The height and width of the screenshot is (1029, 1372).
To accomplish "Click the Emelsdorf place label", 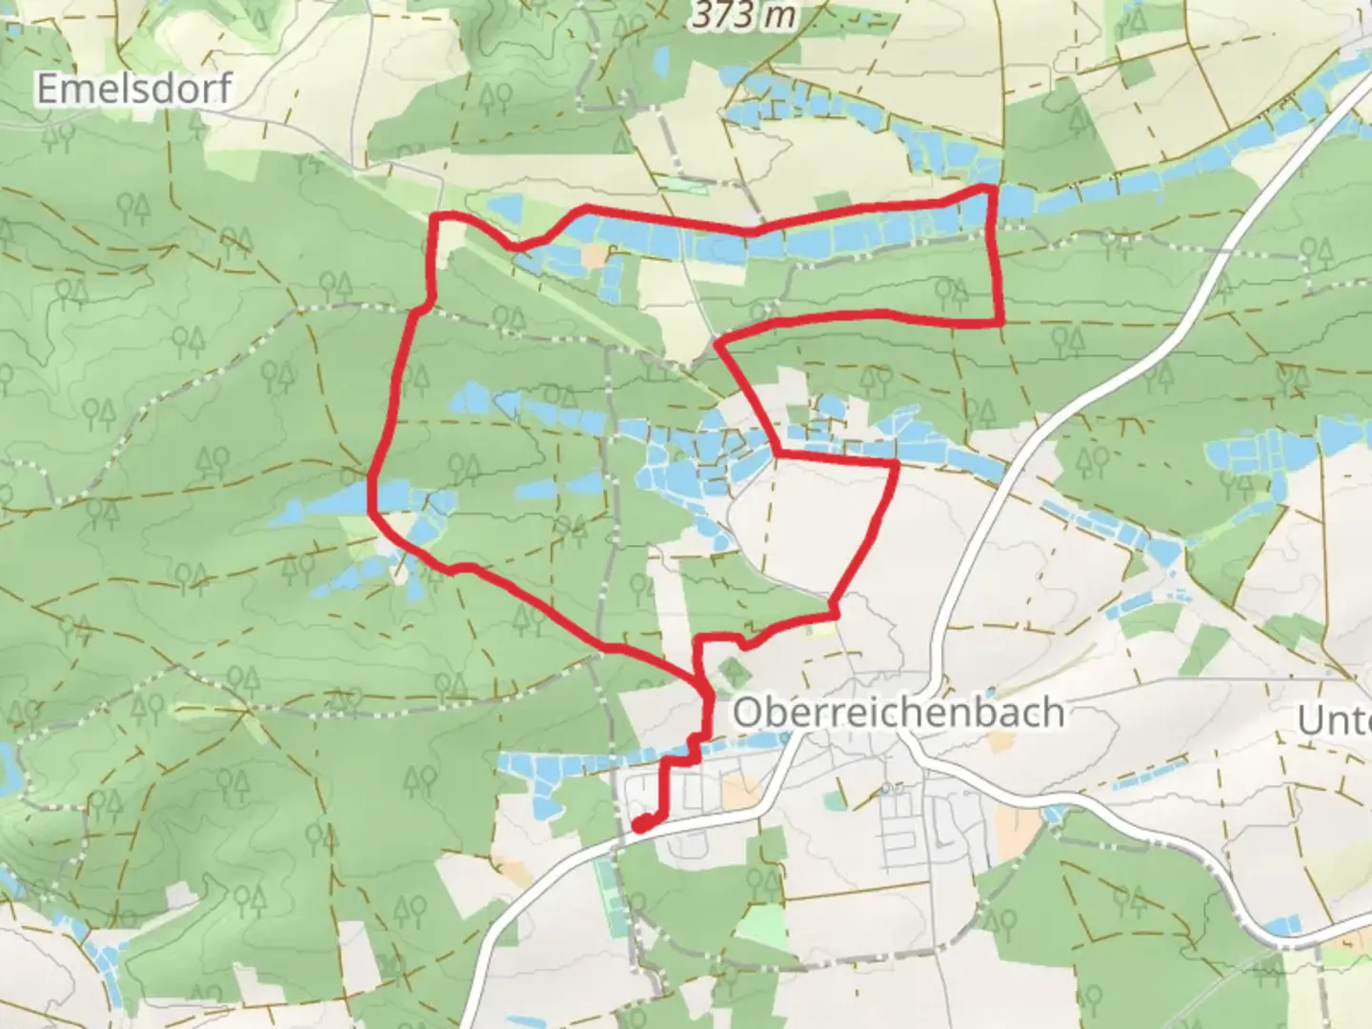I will pyautogui.click(x=133, y=89).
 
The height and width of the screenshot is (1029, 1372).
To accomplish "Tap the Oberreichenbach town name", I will pyautogui.click(x=898, y=712).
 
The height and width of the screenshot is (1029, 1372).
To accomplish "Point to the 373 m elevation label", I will pyautogui.click(x=743, y=13).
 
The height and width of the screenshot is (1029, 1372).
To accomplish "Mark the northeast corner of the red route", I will pyautogui.click(x=991, y=190).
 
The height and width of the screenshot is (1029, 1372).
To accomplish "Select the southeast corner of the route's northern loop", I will pyautogui.click(x=1000, y=322).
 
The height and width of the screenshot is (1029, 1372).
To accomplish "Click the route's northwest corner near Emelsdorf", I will pyautogui.click(x=437, y=220).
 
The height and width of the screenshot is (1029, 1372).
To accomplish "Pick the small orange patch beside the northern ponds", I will pyautogui.click(x=596, y=255).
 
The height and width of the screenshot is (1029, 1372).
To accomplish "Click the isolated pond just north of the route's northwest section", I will pyautogui.click(x=505, y=205).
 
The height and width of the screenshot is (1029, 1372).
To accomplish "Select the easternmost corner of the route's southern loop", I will pyautogui.click(x=896, y=465).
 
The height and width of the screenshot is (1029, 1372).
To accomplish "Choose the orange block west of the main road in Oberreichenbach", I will pyautogui.click(x=738, y=790).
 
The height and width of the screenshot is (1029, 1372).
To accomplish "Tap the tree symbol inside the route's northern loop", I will pyautogui.click(x=948, y=290).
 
